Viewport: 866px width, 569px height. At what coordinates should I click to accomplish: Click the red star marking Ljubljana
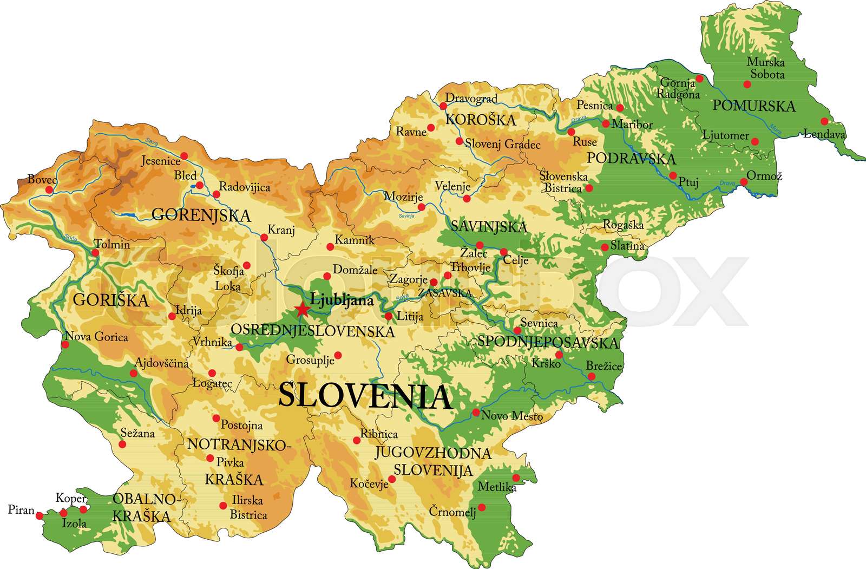(x=302, y=310)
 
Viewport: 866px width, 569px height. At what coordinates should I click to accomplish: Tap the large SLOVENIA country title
(x=365, y=396)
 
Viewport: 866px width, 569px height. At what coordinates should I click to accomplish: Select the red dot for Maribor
(x=606, y=124)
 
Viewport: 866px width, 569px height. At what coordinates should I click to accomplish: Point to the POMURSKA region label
(x=754, y=106)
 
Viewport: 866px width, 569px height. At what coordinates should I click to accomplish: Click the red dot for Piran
(x=40, y=516)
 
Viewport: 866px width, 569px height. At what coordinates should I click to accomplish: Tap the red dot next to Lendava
(x=824, y=121)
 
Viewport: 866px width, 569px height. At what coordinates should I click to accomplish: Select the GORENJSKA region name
(x=201, y=215)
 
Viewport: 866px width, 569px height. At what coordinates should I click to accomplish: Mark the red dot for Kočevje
(x=392, y=479)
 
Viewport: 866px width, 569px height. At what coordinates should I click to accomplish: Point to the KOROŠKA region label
(x=480, y=120)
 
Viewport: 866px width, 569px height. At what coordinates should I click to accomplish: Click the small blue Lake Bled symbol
(x=193, y=187)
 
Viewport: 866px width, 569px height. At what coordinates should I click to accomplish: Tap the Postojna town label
(x=241, y=426)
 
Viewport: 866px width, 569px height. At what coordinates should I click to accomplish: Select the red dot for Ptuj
(x=673, y=175)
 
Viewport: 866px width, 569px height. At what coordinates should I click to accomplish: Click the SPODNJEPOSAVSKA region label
(x=547, y=342)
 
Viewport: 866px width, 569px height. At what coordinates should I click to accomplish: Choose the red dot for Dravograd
(x=443, y=106)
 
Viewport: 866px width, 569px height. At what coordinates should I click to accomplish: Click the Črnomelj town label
(x=452, y=511)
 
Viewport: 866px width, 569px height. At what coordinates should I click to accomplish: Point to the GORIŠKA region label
(x=110, y=300)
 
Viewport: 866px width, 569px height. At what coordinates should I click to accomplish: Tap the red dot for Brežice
(x=592, y=376)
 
